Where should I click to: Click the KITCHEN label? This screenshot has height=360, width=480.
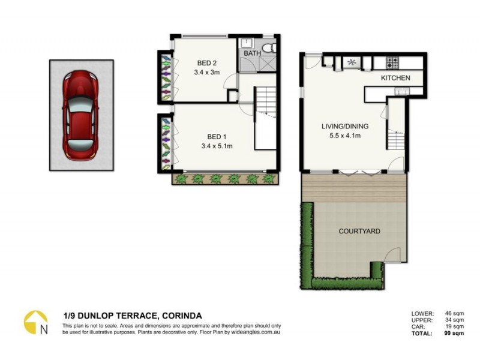(x=395, y=78)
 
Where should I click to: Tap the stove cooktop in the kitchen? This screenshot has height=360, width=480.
(x=394, y=62)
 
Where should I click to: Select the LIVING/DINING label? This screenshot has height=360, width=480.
(x=344, y=127)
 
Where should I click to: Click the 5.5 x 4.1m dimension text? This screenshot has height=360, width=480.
(x=344, y=136)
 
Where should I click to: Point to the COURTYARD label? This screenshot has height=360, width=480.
(x=359, y=231)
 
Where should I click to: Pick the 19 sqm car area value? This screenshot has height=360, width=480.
(x=442, y=327)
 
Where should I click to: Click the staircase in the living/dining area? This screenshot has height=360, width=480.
(x=395, y=140)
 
